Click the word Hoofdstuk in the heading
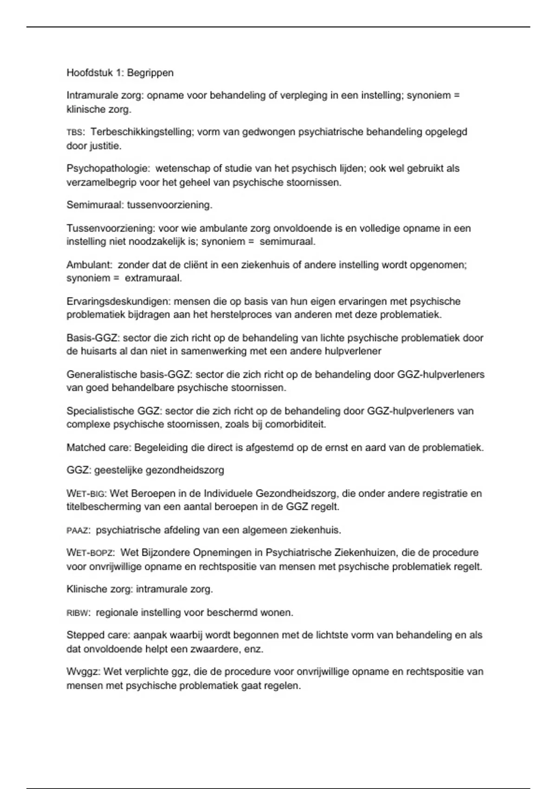pyautogui.click(x=90, y=73)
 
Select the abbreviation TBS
pyautogui.click(x=74, y=133)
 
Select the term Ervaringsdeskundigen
pyautogui.click(x=118, y=302)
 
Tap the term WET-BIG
pyautogui.click(x=86, y=493)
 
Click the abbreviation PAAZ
pyautogui.click(x=78, y=530)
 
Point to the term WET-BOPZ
pyautogui.click(x=90, y=553)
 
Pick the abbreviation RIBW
pyautogui.click(x=78, y=613)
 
